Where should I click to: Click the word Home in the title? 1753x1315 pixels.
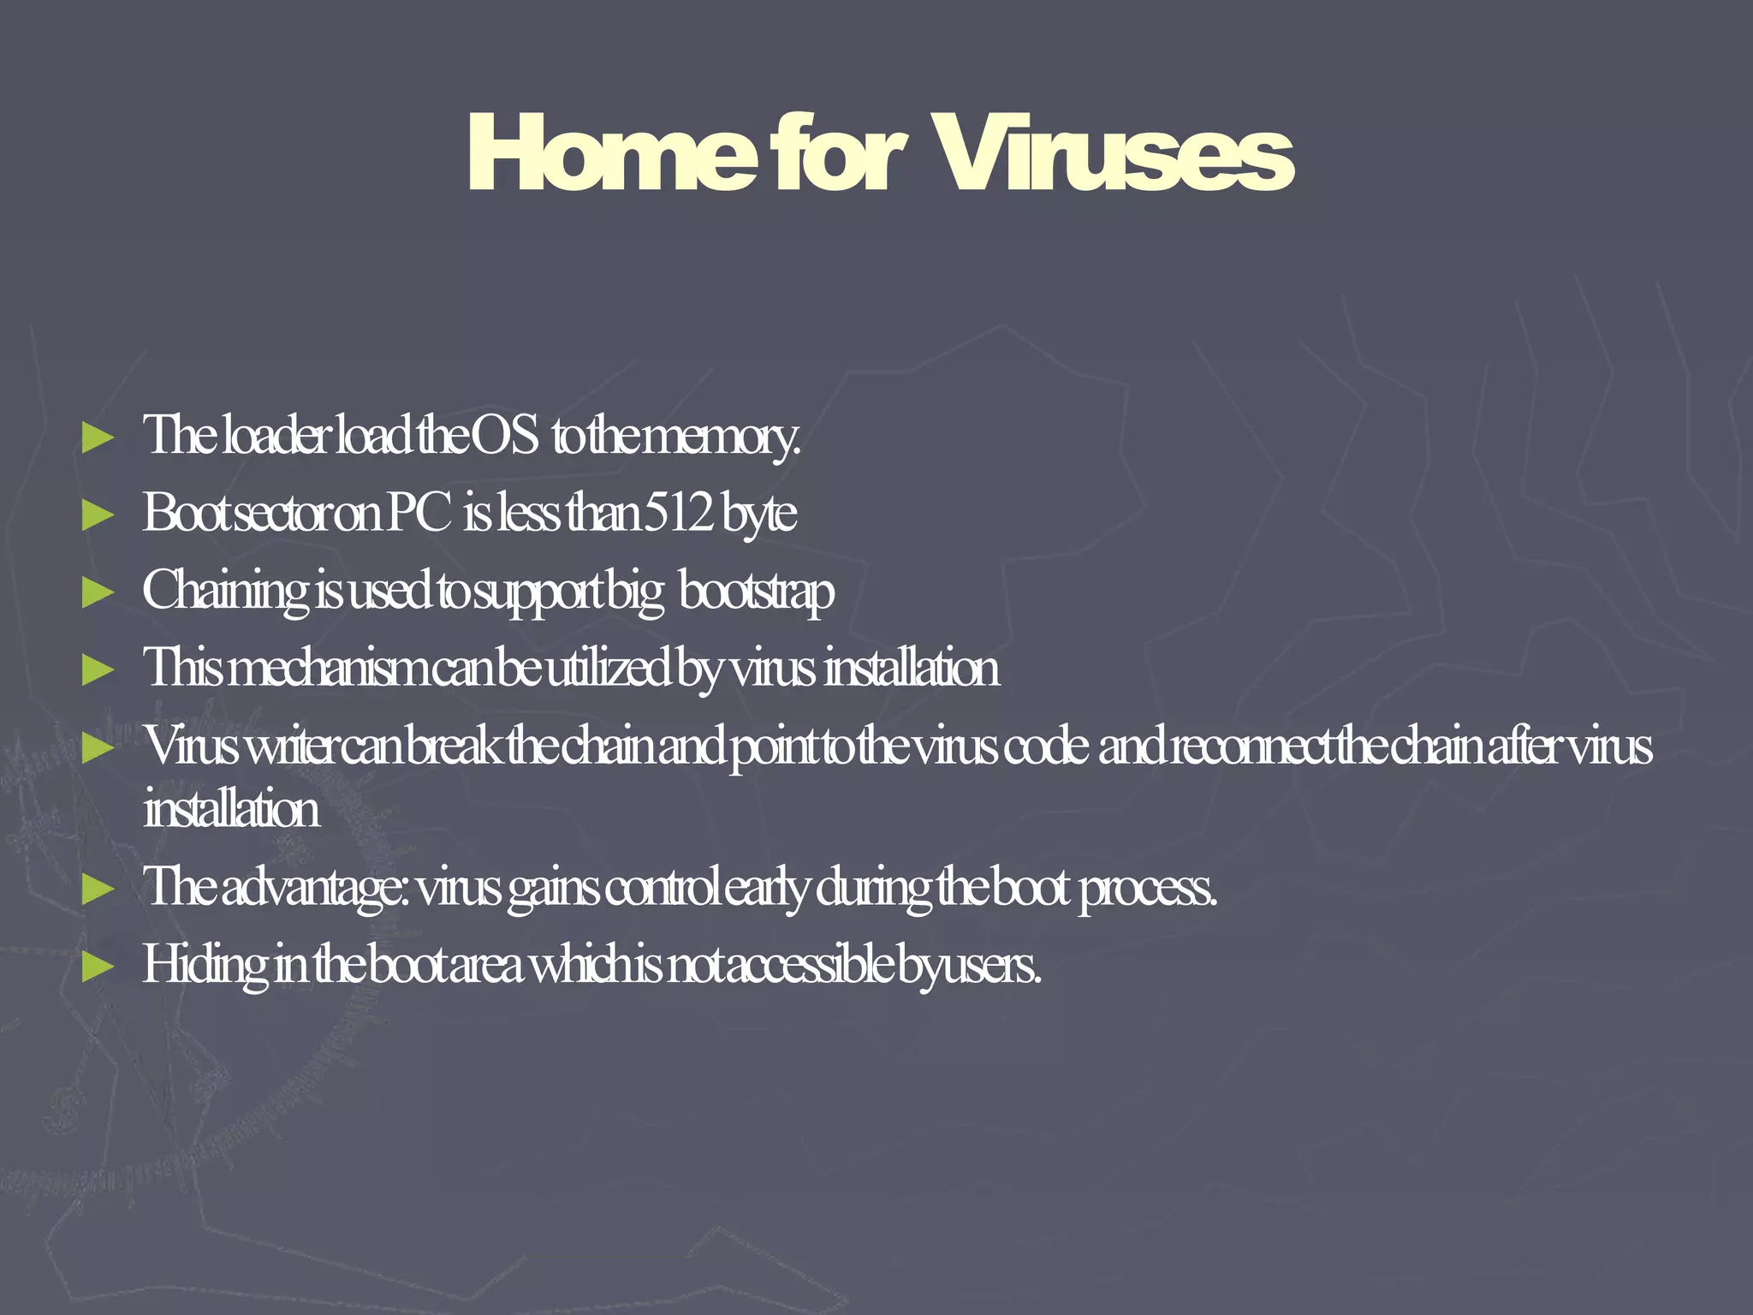tap(613, 154)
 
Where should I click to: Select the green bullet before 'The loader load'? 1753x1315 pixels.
tap(98, 437)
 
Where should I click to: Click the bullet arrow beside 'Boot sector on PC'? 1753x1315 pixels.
tap(98, 515)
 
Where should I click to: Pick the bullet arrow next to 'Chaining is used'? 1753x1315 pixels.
tap(98, 592)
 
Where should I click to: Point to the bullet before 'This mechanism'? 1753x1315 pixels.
tap(98, 669)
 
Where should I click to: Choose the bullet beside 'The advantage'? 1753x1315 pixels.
tap(98, 889)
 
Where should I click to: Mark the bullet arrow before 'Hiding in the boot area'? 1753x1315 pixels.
tap(98, 967)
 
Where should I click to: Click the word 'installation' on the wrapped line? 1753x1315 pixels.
tap(232, 809)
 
